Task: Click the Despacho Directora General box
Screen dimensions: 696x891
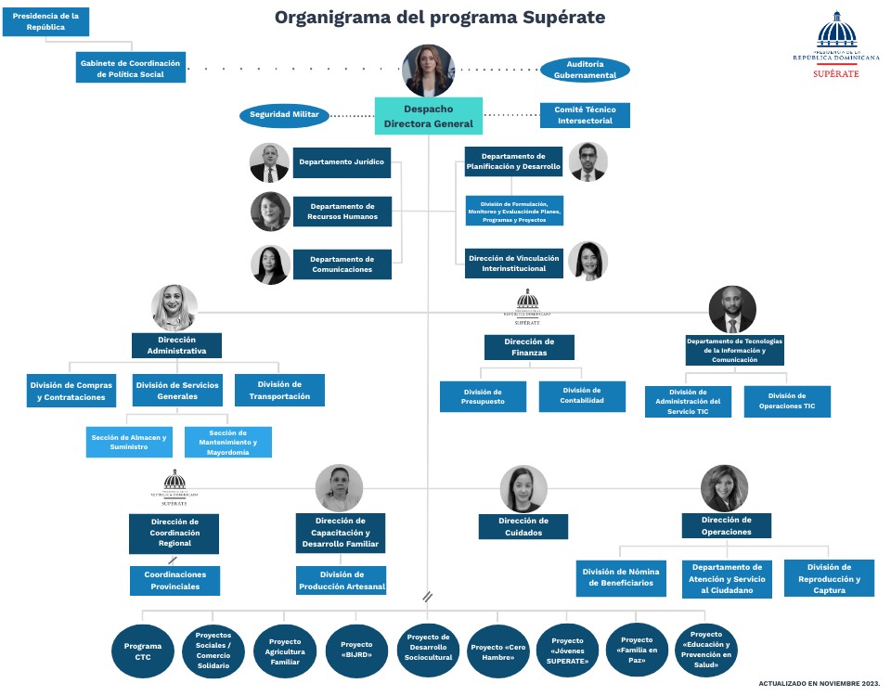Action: (428, 115)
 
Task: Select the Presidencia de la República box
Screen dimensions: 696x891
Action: (45, 21)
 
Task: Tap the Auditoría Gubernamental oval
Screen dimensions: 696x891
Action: (585, 70)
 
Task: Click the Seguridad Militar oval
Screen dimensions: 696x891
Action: (285, 115)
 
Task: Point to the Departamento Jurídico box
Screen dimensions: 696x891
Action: (341, 162)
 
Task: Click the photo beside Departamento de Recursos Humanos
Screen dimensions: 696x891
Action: (270, 212)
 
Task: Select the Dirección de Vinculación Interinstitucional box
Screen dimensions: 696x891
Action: (513, 263)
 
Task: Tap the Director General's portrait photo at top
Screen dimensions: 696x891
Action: (429, 71)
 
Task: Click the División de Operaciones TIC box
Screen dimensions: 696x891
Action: (787, 401)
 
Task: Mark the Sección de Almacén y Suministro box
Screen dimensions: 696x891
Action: (129, 442)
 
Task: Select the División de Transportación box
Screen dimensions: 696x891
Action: (279, 391)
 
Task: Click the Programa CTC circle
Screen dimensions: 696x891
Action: (142, 651)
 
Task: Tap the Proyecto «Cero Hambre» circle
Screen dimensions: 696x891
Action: (498, 651)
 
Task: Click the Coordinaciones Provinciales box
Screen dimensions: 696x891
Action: (174, 580)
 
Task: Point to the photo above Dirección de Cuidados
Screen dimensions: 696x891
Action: (523, 489)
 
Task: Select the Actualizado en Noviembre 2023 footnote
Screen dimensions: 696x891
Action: (819, 683)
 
